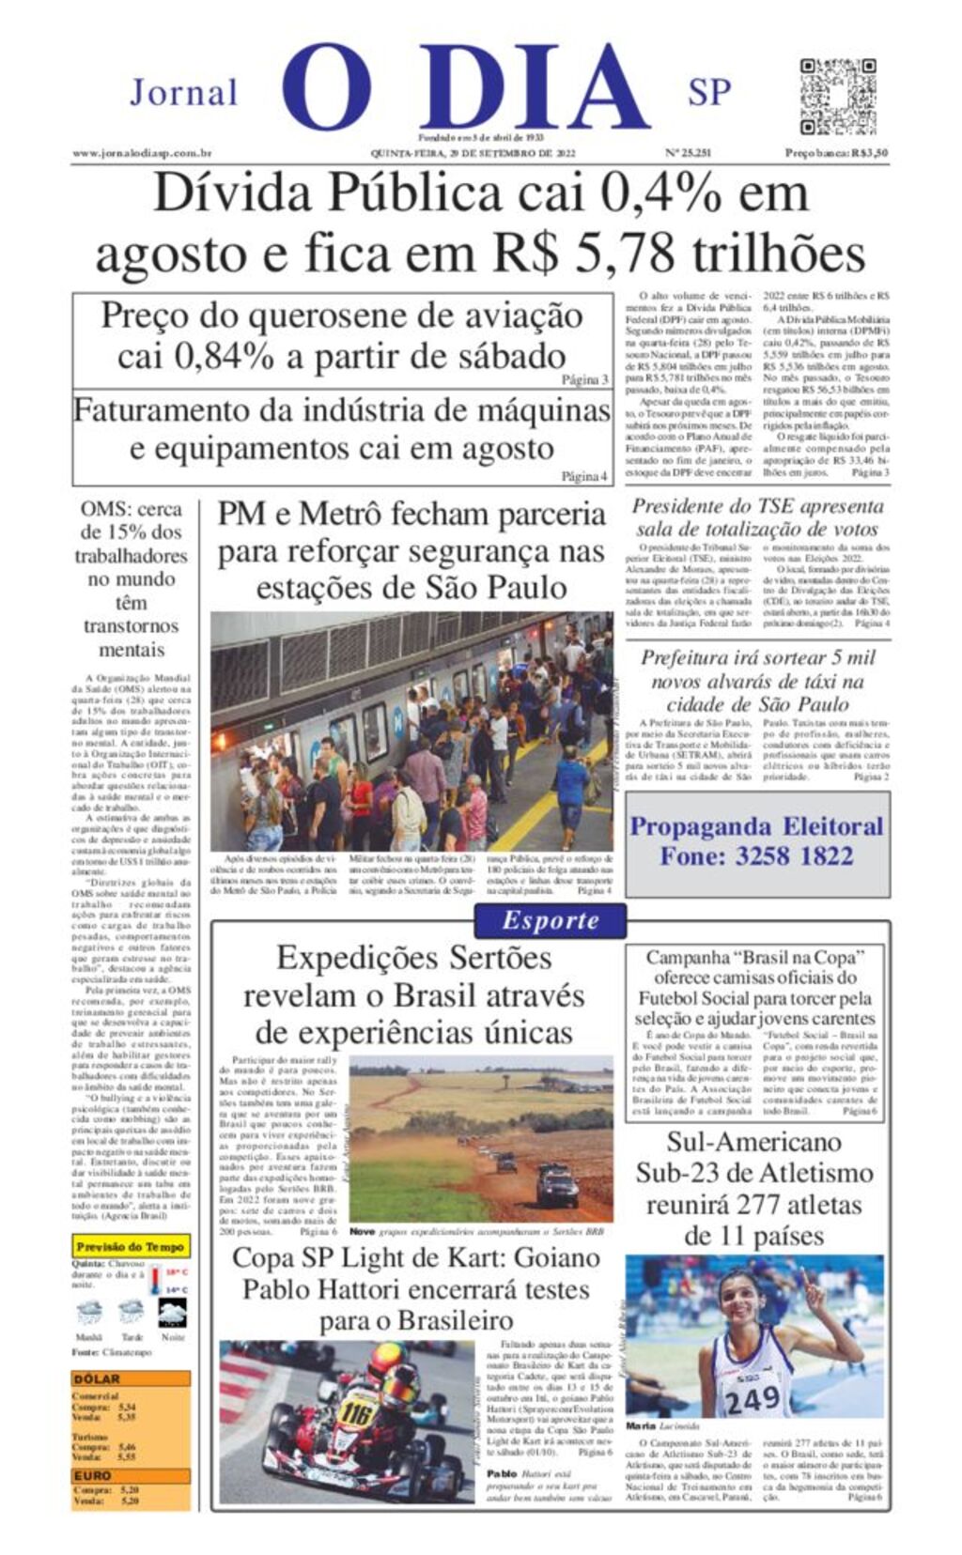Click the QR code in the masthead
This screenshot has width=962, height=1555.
click(837, 97)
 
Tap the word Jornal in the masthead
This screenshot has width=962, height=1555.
click(183, 93)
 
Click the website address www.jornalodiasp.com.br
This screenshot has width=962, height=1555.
click(141, 153)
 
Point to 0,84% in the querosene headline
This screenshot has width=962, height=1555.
click(195, 357)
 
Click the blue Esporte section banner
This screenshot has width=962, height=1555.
click(550, 920)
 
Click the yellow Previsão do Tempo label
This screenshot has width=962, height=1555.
click(131, 1247)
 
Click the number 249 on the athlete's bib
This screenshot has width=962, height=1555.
click(752, 1399)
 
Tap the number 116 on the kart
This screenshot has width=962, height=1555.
click(357, 1412)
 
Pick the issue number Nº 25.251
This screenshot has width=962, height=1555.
click(688, 153)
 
